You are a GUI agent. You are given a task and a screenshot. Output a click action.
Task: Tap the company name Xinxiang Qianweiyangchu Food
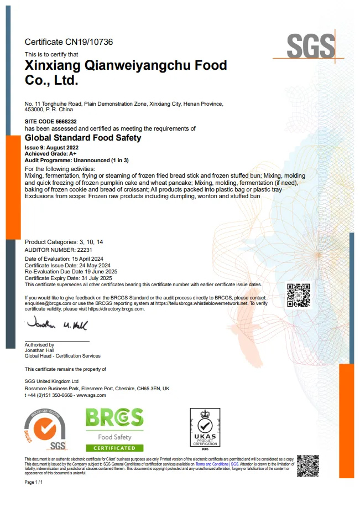126,65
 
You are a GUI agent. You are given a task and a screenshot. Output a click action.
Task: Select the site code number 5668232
66,121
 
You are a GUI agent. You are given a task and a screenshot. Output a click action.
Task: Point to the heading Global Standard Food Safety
83,138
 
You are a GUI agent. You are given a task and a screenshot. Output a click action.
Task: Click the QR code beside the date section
298,294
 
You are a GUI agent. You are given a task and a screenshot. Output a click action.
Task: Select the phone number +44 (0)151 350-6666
49,395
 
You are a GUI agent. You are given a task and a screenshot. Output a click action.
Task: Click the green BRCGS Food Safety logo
114,430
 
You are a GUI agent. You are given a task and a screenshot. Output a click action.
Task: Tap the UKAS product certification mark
205,430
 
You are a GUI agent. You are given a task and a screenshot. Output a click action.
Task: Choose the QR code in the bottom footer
308,466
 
